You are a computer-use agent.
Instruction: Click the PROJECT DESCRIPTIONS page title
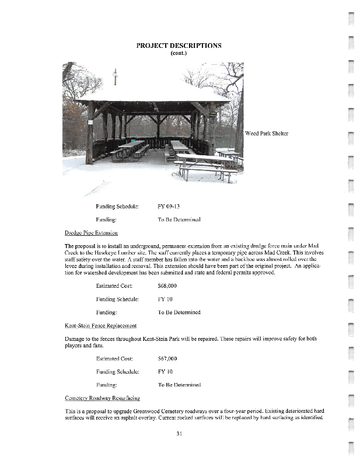click(x=179, y=46)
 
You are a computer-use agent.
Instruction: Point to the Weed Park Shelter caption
click(x=267, y=134)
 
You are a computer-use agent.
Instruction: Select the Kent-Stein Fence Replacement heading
click(x=100, y=325)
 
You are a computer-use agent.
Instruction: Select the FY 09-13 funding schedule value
click(x=170, y=207)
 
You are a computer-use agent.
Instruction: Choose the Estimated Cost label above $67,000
click(x=114, y=358)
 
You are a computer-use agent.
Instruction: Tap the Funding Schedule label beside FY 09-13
click(x=117, y=207)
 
